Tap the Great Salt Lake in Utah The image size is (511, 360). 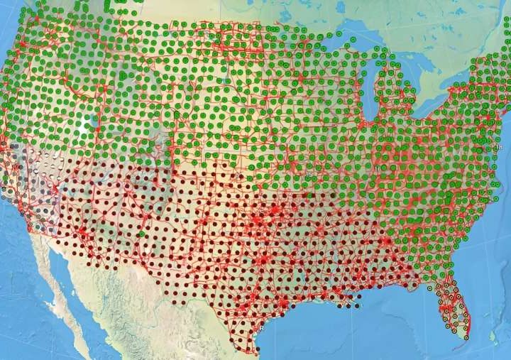pos(93,123)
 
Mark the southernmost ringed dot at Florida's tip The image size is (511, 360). pos(466,338)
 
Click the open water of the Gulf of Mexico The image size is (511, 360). pos(355,334)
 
